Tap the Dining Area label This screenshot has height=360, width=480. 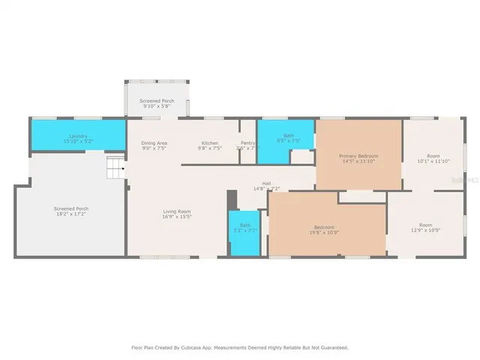tap(154, 142)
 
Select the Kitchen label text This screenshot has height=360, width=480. tap(208, 142)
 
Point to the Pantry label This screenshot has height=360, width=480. tap(247, 142)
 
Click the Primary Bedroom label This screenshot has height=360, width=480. tap(358, 155)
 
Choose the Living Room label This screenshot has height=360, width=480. tap(177, 211)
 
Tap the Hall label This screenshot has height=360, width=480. tap(266, 183)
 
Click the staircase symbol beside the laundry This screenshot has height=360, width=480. tap(114, 168)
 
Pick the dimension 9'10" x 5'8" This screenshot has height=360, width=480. tap(157, 106)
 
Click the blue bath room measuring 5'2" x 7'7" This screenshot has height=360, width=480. tap(244, 232)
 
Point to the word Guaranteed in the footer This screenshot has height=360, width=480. tap(331, 348)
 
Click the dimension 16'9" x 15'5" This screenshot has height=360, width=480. tap(177, 217)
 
